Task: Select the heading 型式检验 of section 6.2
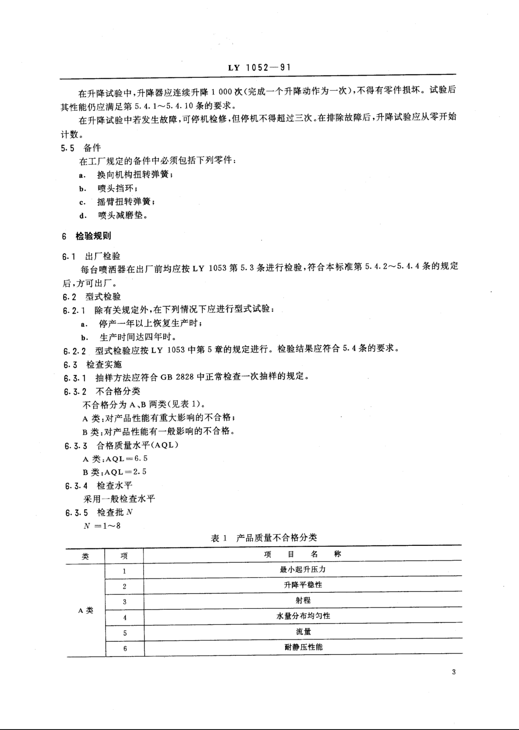tap(103, 297)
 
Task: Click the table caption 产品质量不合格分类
tap(276, 538)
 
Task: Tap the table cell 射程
tap(303, 600)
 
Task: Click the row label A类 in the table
tap(86, 611)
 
